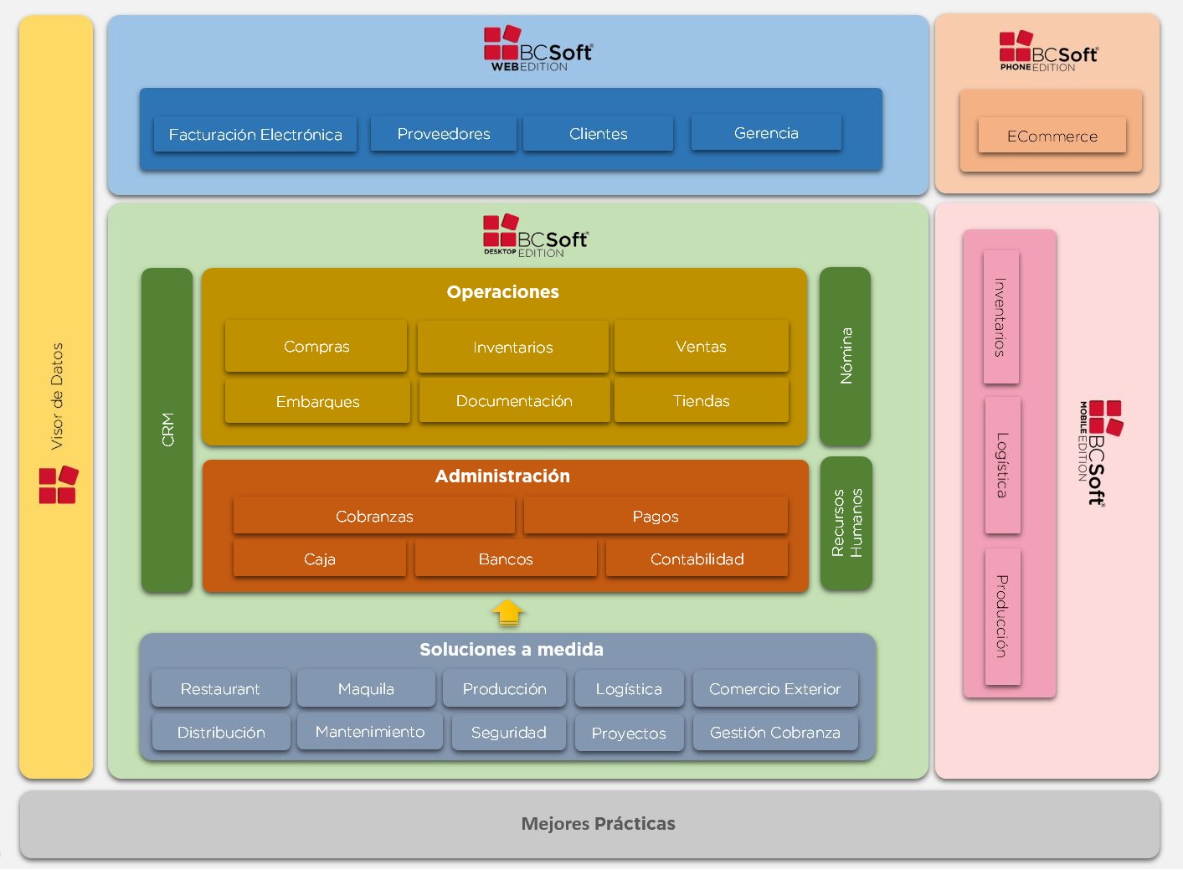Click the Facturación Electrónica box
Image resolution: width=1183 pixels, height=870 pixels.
pos(255,135)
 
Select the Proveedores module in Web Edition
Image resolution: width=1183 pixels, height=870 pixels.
pos(444,134)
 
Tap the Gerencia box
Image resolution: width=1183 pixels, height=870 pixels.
pos(766,133)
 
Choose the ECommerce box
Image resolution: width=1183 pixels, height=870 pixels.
pos(1052,136)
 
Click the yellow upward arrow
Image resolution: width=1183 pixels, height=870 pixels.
pos(508,613)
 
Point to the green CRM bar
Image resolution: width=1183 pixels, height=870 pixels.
pos(167,430)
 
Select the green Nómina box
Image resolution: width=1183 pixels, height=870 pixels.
pos(846,356)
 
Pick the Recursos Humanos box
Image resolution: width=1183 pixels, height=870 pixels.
pos(846,523)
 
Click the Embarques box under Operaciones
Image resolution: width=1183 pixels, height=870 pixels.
pos(317,402)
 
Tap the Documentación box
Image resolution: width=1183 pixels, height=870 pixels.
pos(514,401)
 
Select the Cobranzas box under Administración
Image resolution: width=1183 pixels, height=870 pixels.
pos(374,517)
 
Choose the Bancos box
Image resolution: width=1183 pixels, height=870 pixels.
pos(506,559)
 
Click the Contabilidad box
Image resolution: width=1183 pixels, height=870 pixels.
pos(697,559)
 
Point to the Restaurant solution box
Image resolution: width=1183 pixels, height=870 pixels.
pos(220,689)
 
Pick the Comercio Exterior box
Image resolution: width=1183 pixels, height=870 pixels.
pos(774,689)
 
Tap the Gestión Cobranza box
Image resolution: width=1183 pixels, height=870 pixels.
pos(774,733)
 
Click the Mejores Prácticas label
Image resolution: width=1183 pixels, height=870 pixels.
pos(598,824)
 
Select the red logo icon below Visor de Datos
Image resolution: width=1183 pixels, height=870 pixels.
pos(58,485)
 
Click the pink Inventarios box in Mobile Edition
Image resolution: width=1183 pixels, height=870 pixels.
pos(1000,317)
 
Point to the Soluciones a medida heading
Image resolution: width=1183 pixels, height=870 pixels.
pos(511,650)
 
